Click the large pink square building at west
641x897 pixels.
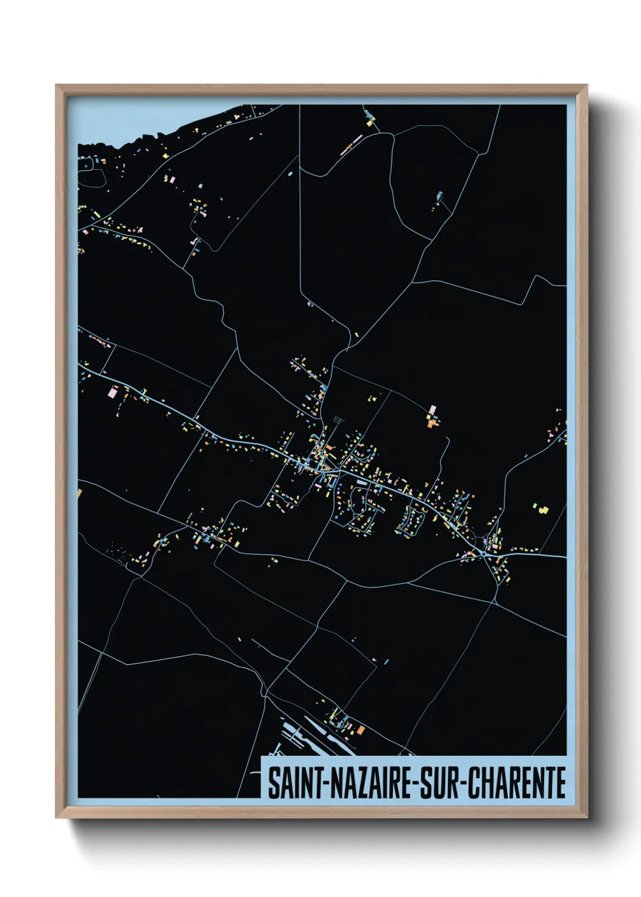(111, 393)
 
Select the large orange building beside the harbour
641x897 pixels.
(361, 730)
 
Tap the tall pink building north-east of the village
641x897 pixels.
(432, 410)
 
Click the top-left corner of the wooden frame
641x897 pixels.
(56, 85)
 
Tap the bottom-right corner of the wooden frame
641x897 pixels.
(586, 818)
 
